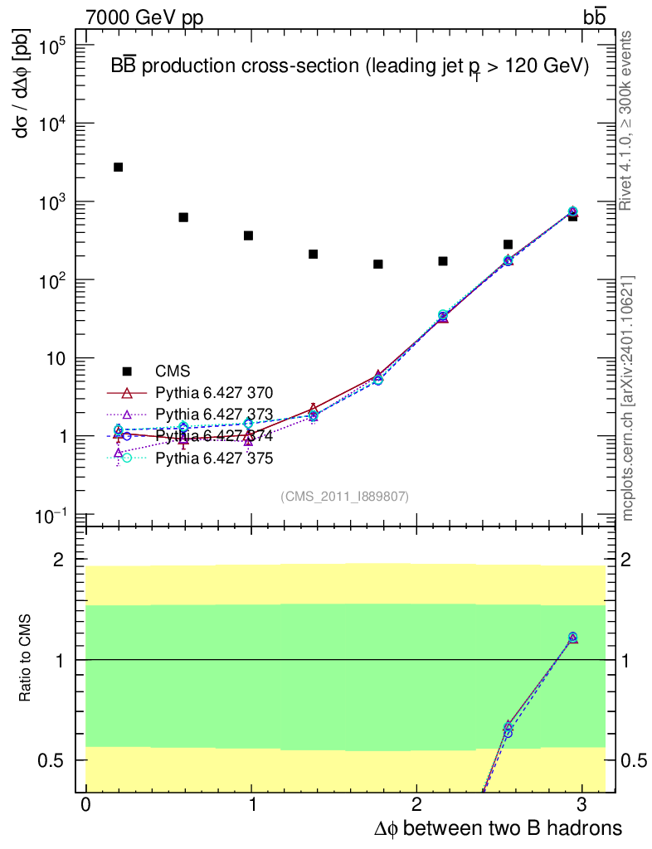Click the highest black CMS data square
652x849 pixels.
click(x=118, y=167)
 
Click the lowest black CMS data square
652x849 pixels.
click(x=378, y=264)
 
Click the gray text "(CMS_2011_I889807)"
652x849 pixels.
click(x=344, y=496)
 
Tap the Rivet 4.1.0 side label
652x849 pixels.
click(x=628, y=120)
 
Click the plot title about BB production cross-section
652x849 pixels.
click(x=349, y=67)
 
